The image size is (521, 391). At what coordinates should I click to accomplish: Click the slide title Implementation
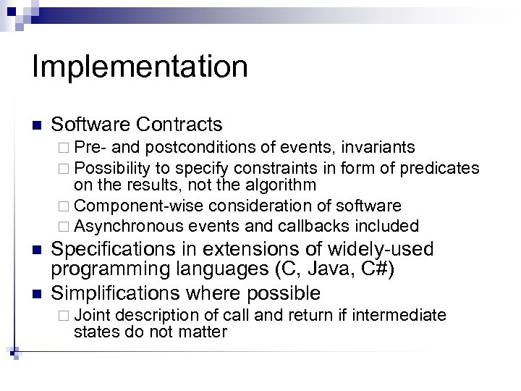coord(140,67)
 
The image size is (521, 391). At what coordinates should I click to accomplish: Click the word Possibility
coord(110,168)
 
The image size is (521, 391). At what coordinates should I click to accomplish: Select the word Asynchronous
coord(124,224)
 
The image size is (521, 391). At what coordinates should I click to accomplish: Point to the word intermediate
coord(405,315)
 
